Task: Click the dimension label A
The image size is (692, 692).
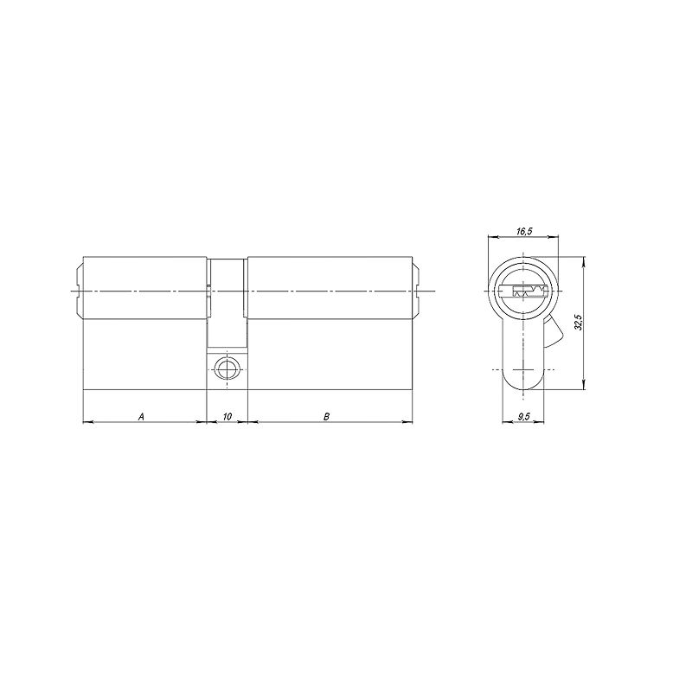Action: (x=141, y=416)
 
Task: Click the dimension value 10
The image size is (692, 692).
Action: (x=227, y=416)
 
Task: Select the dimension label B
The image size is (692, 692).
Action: (x=326, y=416)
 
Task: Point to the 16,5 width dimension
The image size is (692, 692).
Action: (x=523, y=231)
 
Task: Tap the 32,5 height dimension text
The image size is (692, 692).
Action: (x=579, y=323)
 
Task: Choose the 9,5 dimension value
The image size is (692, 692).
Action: (x=523, y=416)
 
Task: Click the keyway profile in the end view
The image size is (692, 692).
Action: (x=523, y=292)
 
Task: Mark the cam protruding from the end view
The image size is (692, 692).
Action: (x=554, y=332)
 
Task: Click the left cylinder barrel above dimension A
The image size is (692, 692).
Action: (x=145, y=287)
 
